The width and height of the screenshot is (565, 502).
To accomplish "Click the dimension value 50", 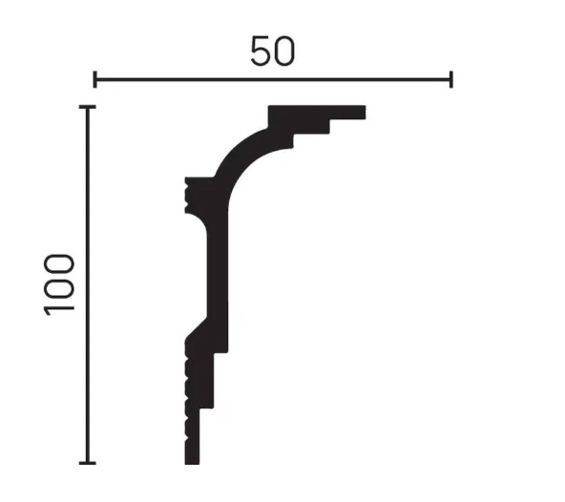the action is click(x=273, y=51).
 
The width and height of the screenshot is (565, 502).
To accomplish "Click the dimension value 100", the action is click(x=59, y=285).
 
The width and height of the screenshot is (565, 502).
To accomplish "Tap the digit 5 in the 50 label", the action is click(x=261, y=51).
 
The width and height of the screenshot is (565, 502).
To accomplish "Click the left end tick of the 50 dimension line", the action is click(x=94, y=79).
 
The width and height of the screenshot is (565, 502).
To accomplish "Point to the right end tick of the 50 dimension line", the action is click(x=451, y=79).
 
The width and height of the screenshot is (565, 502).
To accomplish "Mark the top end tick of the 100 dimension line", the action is click(x=88, y=107).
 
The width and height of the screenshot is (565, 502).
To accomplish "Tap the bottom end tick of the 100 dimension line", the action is click(x=88, y=462).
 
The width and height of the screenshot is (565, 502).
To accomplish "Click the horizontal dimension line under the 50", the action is click(x=273, y=79).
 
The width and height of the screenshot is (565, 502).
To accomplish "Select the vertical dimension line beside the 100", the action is click(x=88, y=284).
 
